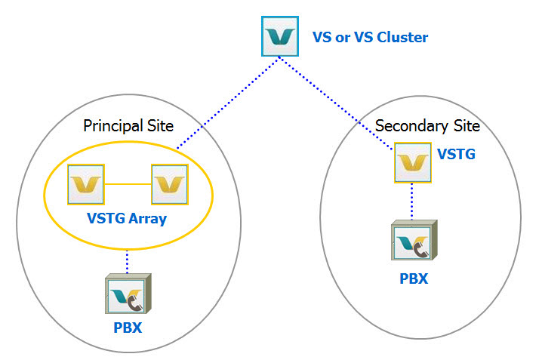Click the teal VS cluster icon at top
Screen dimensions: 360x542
pos(280,36)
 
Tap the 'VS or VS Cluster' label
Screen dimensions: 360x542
pos(370,37)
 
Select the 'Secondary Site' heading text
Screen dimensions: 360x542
pos(427,125)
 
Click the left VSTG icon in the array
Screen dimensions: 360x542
pos(85,183)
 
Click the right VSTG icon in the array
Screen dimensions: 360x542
pos(169,183)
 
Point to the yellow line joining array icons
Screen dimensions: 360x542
pos(127,183)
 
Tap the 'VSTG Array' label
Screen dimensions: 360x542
pos(126,220)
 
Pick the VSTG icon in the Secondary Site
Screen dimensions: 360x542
pos(413,163)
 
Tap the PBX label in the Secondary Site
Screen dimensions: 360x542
pos(414,278)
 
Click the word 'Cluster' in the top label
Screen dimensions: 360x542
pos(403,37)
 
